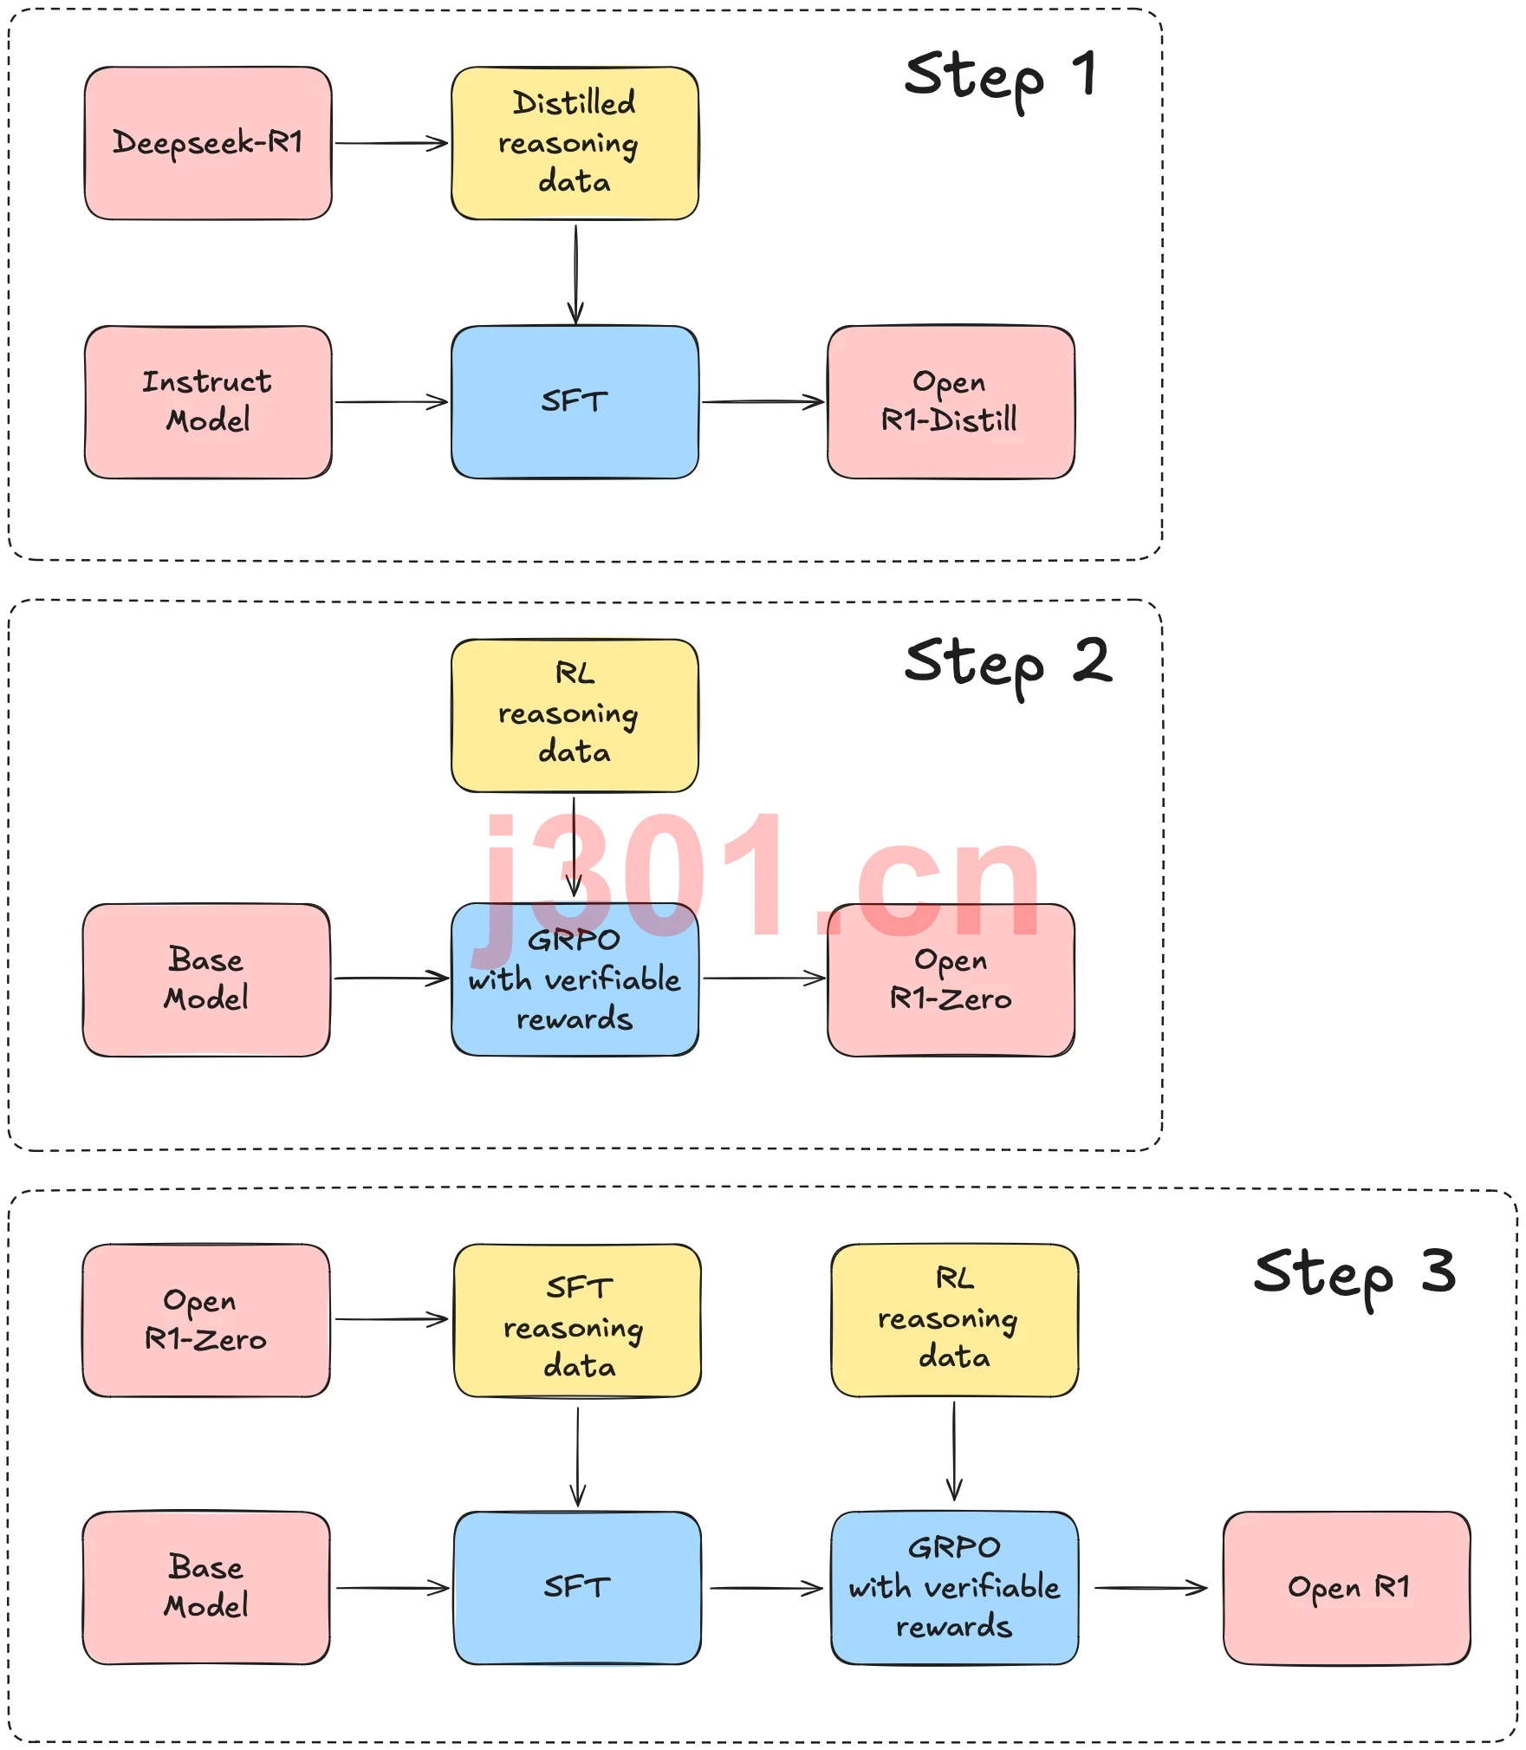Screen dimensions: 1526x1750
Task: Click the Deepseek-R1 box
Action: pyautogui.click(x=208, y=143)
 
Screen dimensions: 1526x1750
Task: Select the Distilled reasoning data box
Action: pyautogui.click(x=575, y=143)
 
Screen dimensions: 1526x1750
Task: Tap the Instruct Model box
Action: pyautogui.click(x=208, y=402)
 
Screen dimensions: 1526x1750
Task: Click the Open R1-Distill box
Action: pyautogui.click(x=951, y=402)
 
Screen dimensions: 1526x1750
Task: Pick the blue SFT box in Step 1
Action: pyautogui.click(x=575, y=402)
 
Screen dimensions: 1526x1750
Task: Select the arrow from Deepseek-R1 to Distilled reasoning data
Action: pyautogui.click(x=392, y=143)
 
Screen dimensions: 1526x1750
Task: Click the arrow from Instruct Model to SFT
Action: pyautogui.click(x=392, y=402)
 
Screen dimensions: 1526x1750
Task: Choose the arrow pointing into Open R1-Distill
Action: pyautogui.click(x=763, y=402)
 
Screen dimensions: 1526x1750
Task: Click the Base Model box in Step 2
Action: pyautogui.click(x=206, y=979)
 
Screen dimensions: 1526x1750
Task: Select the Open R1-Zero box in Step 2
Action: pyautogui.click(x=951, y=979)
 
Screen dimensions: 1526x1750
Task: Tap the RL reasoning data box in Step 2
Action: pyautogui.click(x=575, y=715)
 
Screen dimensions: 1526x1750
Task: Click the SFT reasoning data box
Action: pyautogui.click(x=577, y=1320)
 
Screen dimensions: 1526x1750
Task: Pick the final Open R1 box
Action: pyautogui.click(x=1347, y=1588)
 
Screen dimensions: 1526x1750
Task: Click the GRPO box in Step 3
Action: pyautogui.click(x=954, y=1588)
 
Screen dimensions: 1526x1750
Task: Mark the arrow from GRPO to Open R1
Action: pyautogui.click(x=1151, y=1588)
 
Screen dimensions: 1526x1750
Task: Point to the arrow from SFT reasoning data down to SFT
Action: pyautogui.click(x=578, y=1456)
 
